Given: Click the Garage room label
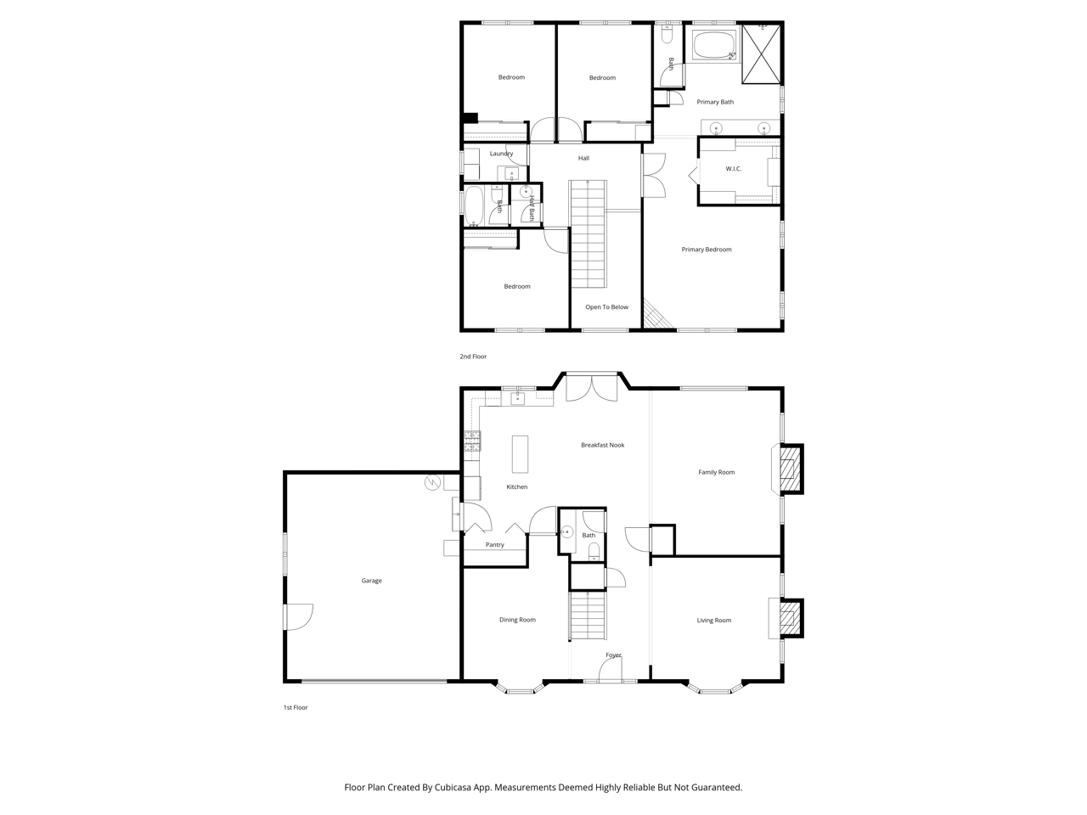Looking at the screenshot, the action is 371,581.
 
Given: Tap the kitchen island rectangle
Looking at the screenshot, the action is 520,453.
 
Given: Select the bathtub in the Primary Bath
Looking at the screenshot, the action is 713,45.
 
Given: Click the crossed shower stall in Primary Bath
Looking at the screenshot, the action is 761,53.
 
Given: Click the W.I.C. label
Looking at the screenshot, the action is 734,169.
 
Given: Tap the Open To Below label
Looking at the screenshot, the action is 606,306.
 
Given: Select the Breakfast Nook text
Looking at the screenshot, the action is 603,445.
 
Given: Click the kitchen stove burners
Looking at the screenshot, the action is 472,441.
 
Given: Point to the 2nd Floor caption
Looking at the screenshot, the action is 473,357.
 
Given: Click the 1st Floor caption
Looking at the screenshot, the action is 296,707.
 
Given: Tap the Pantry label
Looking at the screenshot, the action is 495,544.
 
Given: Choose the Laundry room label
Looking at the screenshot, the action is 501,154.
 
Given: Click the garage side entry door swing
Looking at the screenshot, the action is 299,616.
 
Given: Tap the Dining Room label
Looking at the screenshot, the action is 517,620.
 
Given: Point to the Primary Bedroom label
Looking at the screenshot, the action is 707,250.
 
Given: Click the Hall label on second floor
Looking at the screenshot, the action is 583,159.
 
